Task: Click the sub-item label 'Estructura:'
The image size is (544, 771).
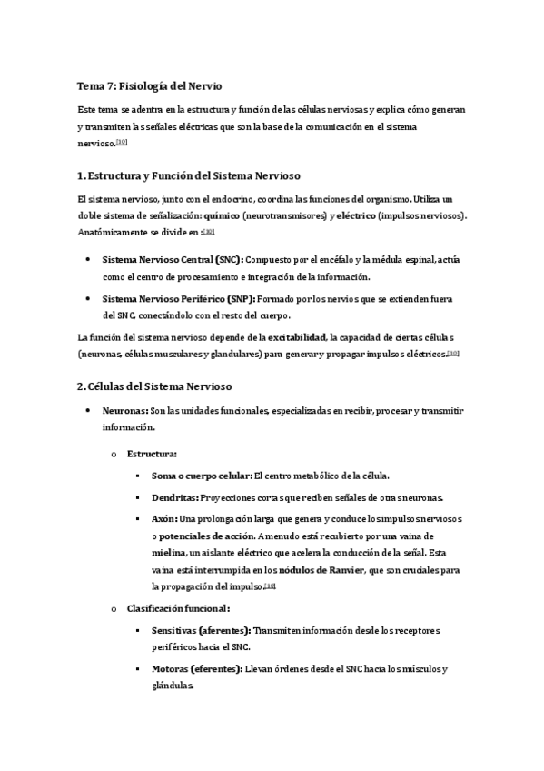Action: pyautogui.click(x=152, y=452)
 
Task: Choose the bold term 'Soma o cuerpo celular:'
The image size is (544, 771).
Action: pyautogui.click(x=202, y=475)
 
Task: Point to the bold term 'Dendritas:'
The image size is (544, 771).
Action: pyautogui.click(x=174, y=497)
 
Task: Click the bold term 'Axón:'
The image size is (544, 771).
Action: pyautogui.click(x=165, y=519)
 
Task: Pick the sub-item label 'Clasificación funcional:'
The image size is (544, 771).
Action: pyautogui.click(x=178, y=607)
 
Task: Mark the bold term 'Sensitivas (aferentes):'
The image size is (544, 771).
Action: pyautogui.click(x=202, y=630)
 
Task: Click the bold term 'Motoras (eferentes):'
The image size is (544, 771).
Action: pyautogui.click(x=195, y=669)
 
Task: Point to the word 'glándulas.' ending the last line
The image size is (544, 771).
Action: pyautogui.click(x=173, y=686)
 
